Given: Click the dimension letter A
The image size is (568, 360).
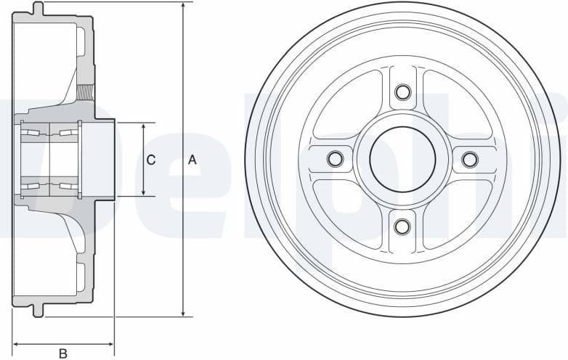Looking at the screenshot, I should coord(192,160).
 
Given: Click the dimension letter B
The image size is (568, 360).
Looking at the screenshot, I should coord(63,353).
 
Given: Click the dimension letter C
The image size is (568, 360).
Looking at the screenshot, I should coord(150,160).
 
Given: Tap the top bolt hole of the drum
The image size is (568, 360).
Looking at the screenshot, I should coord(402,91).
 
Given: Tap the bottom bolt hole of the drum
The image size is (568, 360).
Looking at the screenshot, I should coord(402,226).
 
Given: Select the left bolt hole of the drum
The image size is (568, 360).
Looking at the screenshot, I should coord(335,159).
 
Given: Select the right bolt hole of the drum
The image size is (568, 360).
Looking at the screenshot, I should coord(470,159).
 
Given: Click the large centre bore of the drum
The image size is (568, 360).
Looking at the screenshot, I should coord(402,159).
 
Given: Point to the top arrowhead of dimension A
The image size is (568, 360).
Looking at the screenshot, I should coord(183,7).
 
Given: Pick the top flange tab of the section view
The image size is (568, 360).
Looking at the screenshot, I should coord(38,9).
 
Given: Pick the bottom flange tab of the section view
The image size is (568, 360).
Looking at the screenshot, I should coord(38,309).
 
